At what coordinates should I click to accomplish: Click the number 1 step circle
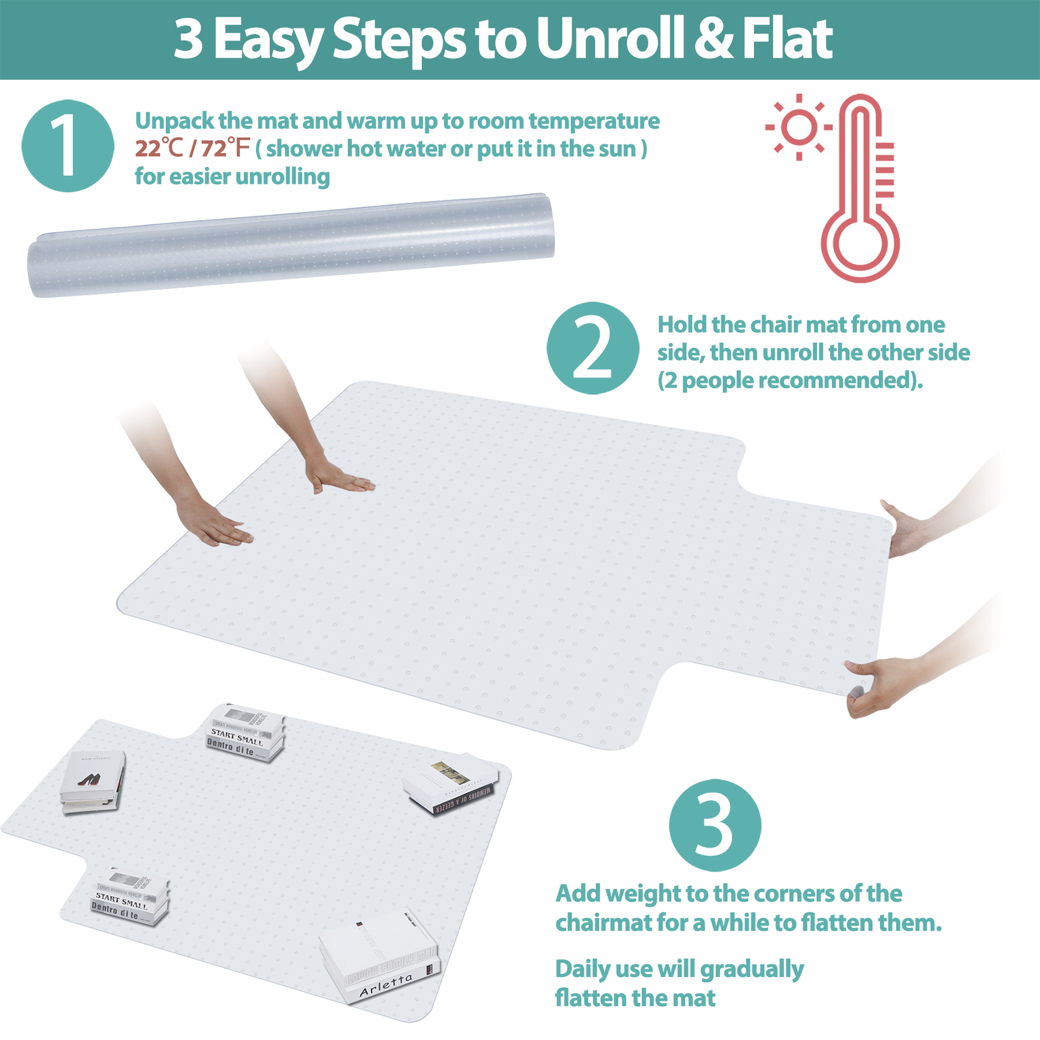tap(68, 146)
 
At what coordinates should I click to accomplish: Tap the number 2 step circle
tap(592, 348)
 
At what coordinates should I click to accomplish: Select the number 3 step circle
tap(714, 825)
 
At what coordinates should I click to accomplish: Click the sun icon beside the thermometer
tap(799, 126)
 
